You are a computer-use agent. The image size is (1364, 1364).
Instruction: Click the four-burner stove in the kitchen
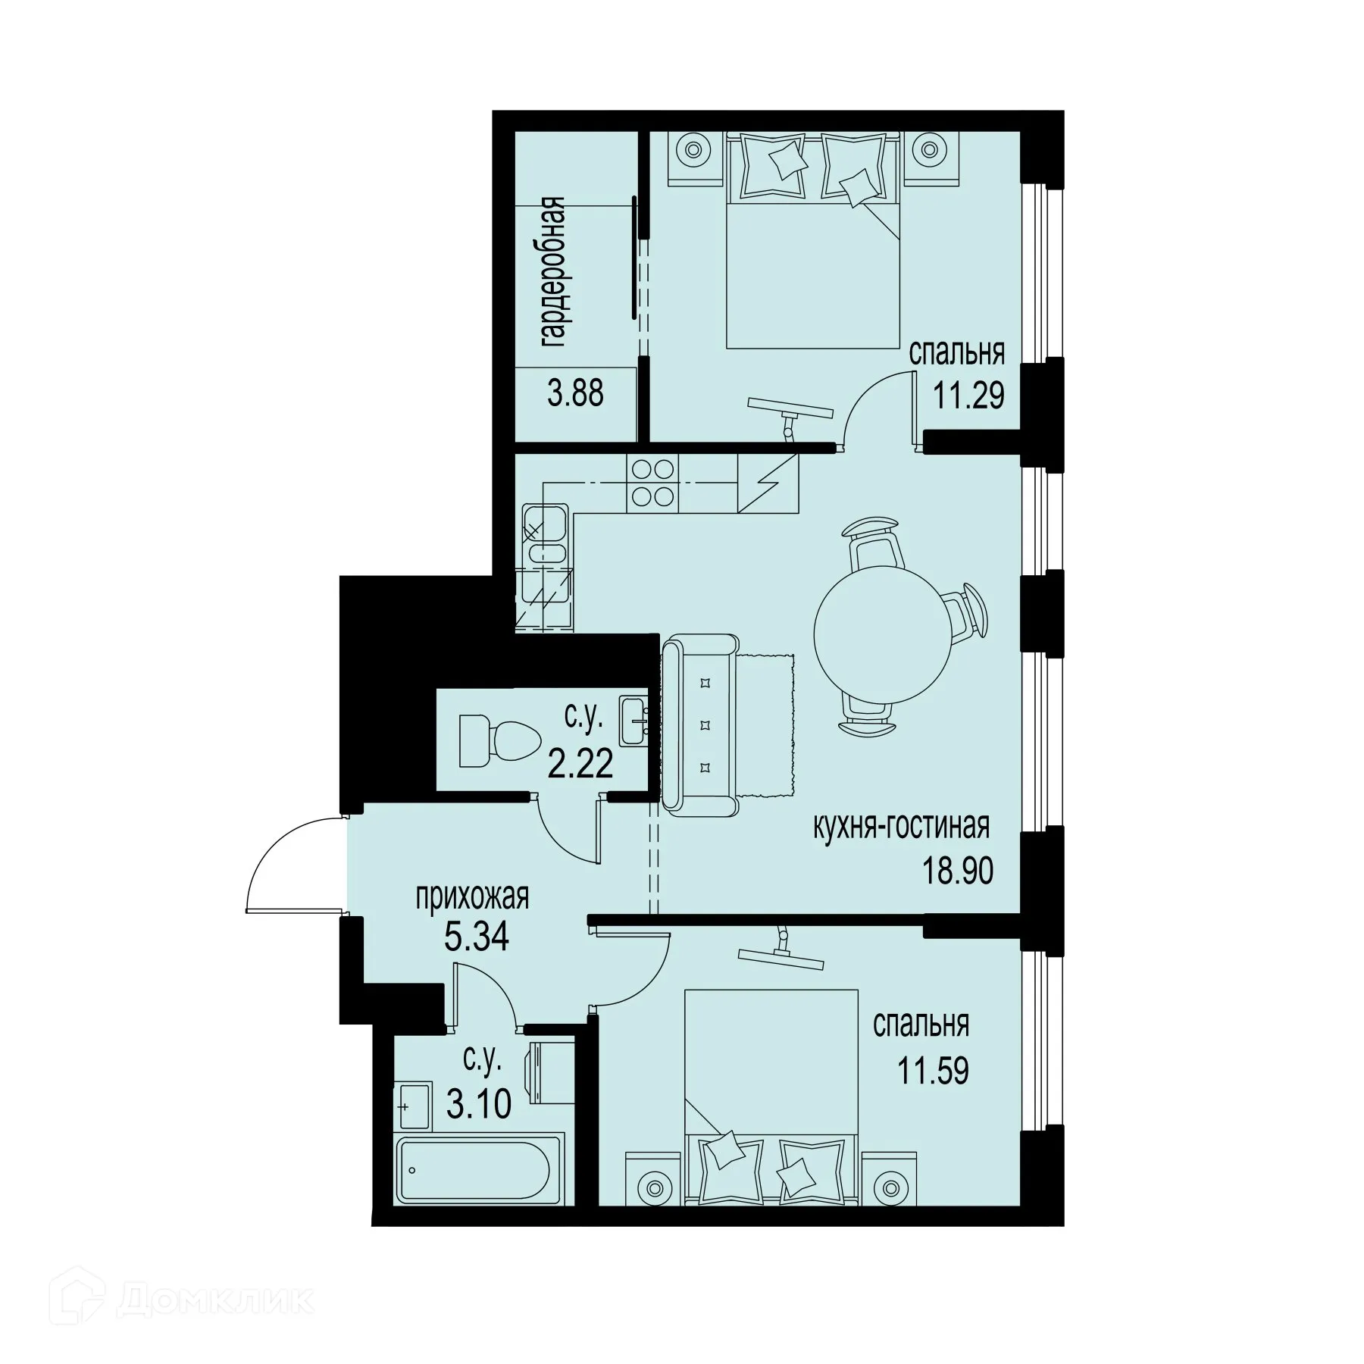coord(653,483)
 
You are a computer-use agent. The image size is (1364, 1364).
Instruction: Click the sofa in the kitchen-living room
coord(699,725)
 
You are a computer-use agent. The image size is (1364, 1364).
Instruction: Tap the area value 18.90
coord(957,871)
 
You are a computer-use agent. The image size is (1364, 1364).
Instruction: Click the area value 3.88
coord(576,394)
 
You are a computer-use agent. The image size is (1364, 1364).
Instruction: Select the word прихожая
coord(471,897)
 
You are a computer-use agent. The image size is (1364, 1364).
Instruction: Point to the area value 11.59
coord(934,1072)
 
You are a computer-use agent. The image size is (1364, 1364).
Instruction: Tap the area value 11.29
coord(968,395)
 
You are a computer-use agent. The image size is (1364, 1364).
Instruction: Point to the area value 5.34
coord(476,937)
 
